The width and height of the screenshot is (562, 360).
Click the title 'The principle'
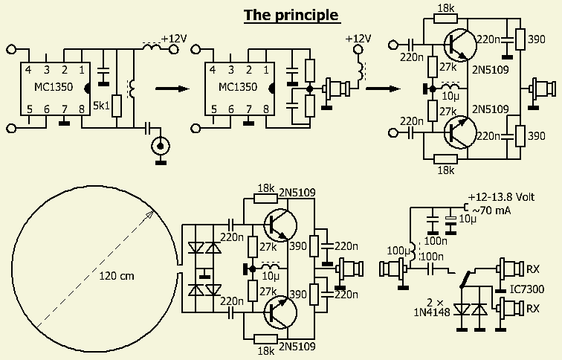291,15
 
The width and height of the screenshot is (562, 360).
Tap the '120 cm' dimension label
117,276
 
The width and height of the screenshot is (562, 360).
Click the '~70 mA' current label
491,210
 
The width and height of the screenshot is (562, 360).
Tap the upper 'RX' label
534,267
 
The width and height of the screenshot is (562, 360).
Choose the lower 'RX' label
534,306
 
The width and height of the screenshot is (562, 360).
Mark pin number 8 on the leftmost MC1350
81,109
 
